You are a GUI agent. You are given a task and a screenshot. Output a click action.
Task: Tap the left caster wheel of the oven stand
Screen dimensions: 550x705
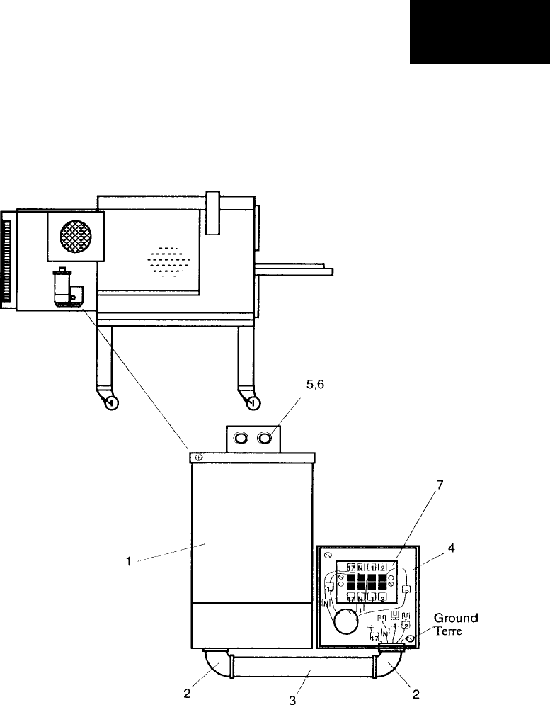pos(110,403)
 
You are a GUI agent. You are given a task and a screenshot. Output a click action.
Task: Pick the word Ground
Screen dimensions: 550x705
pos(456,619)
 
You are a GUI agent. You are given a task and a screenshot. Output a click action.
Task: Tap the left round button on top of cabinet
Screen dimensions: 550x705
pos(241,439)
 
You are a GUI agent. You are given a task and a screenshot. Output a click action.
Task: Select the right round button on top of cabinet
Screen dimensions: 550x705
pos(265,439)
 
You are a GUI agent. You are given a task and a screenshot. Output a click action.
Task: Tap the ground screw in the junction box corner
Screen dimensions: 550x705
pos(410,638)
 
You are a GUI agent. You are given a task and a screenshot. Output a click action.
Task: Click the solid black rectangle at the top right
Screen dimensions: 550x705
pos(480,31)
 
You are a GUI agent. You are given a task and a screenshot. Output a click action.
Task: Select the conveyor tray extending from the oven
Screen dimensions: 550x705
pos(294,268)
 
